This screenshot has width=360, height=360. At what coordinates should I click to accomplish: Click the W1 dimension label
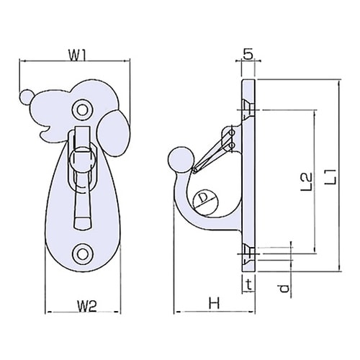pos(77,55)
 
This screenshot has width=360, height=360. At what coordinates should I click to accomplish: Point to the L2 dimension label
pos(307,181)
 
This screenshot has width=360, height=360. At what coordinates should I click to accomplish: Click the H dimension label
pos(214,303)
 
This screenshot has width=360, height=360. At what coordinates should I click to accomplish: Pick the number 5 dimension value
pos(248,55)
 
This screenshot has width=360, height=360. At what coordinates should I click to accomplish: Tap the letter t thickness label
pos(249,285)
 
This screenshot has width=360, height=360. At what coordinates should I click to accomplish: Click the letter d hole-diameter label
pos(284,288)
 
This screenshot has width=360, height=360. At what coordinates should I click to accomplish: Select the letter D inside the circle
pos(204,198)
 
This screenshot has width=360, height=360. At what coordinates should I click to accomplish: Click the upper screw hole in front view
pos(83,110)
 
